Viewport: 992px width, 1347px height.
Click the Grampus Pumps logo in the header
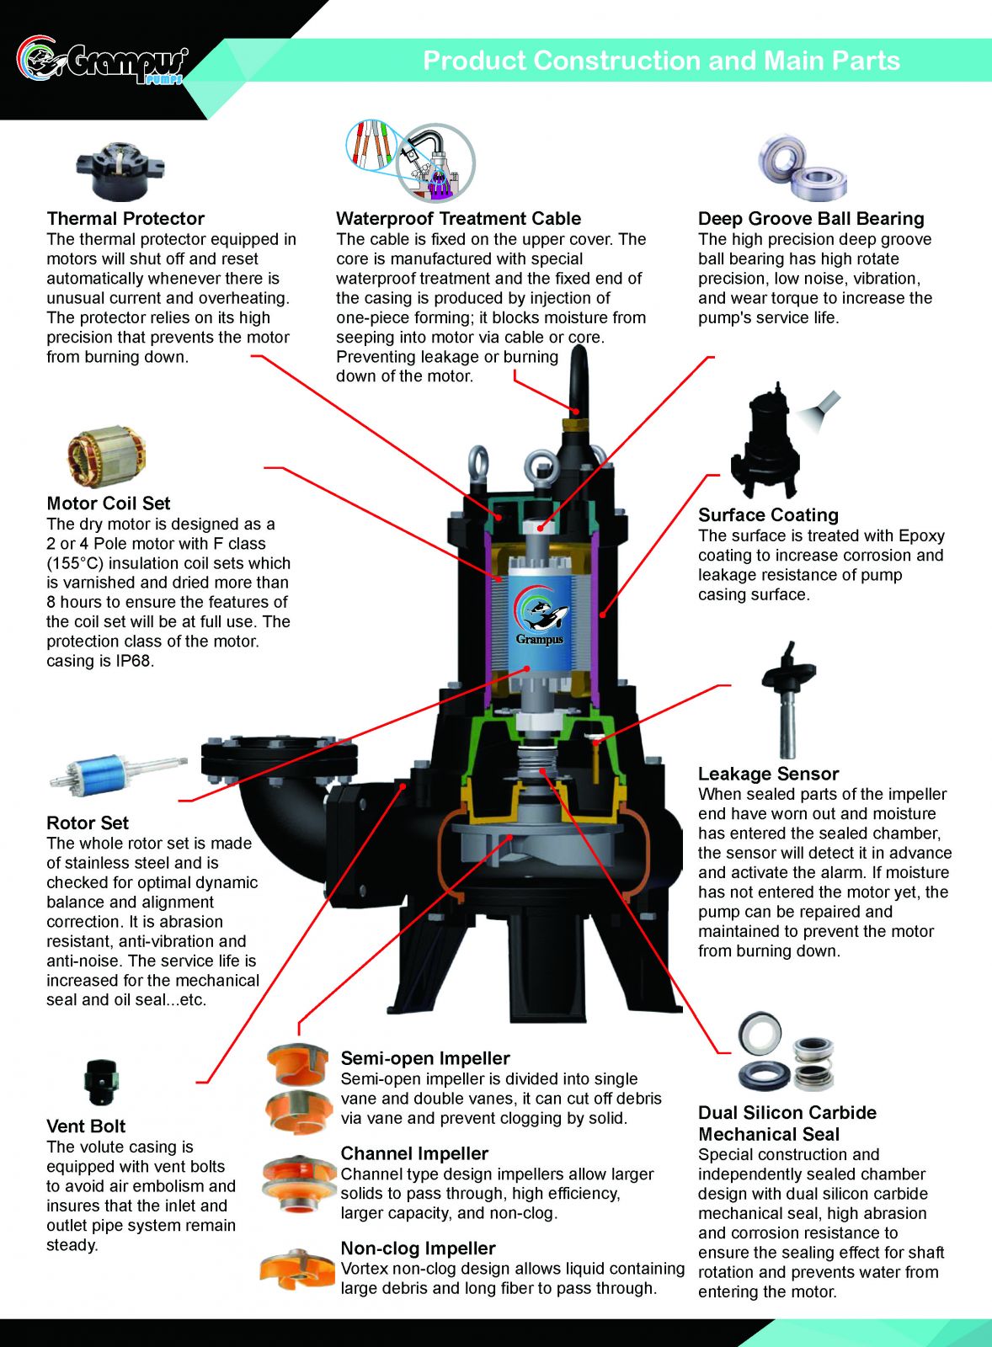coord(101,61)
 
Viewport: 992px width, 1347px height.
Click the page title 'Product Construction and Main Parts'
coord(661,61)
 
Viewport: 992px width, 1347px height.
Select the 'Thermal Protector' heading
coord(125,219)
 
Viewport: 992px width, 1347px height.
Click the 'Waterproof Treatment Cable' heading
coord(458,219)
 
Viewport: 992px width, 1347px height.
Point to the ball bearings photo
coord(802,168)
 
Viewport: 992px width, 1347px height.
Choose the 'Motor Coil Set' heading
coord(108,503)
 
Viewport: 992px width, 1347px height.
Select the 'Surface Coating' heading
coord(768,515)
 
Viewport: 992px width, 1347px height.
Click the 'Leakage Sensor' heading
coord(768,774)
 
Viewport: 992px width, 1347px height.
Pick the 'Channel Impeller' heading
coord(414,1153)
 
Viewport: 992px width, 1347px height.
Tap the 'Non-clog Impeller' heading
coord(418,1249)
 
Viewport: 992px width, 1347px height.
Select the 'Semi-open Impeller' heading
coord(425,1058)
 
